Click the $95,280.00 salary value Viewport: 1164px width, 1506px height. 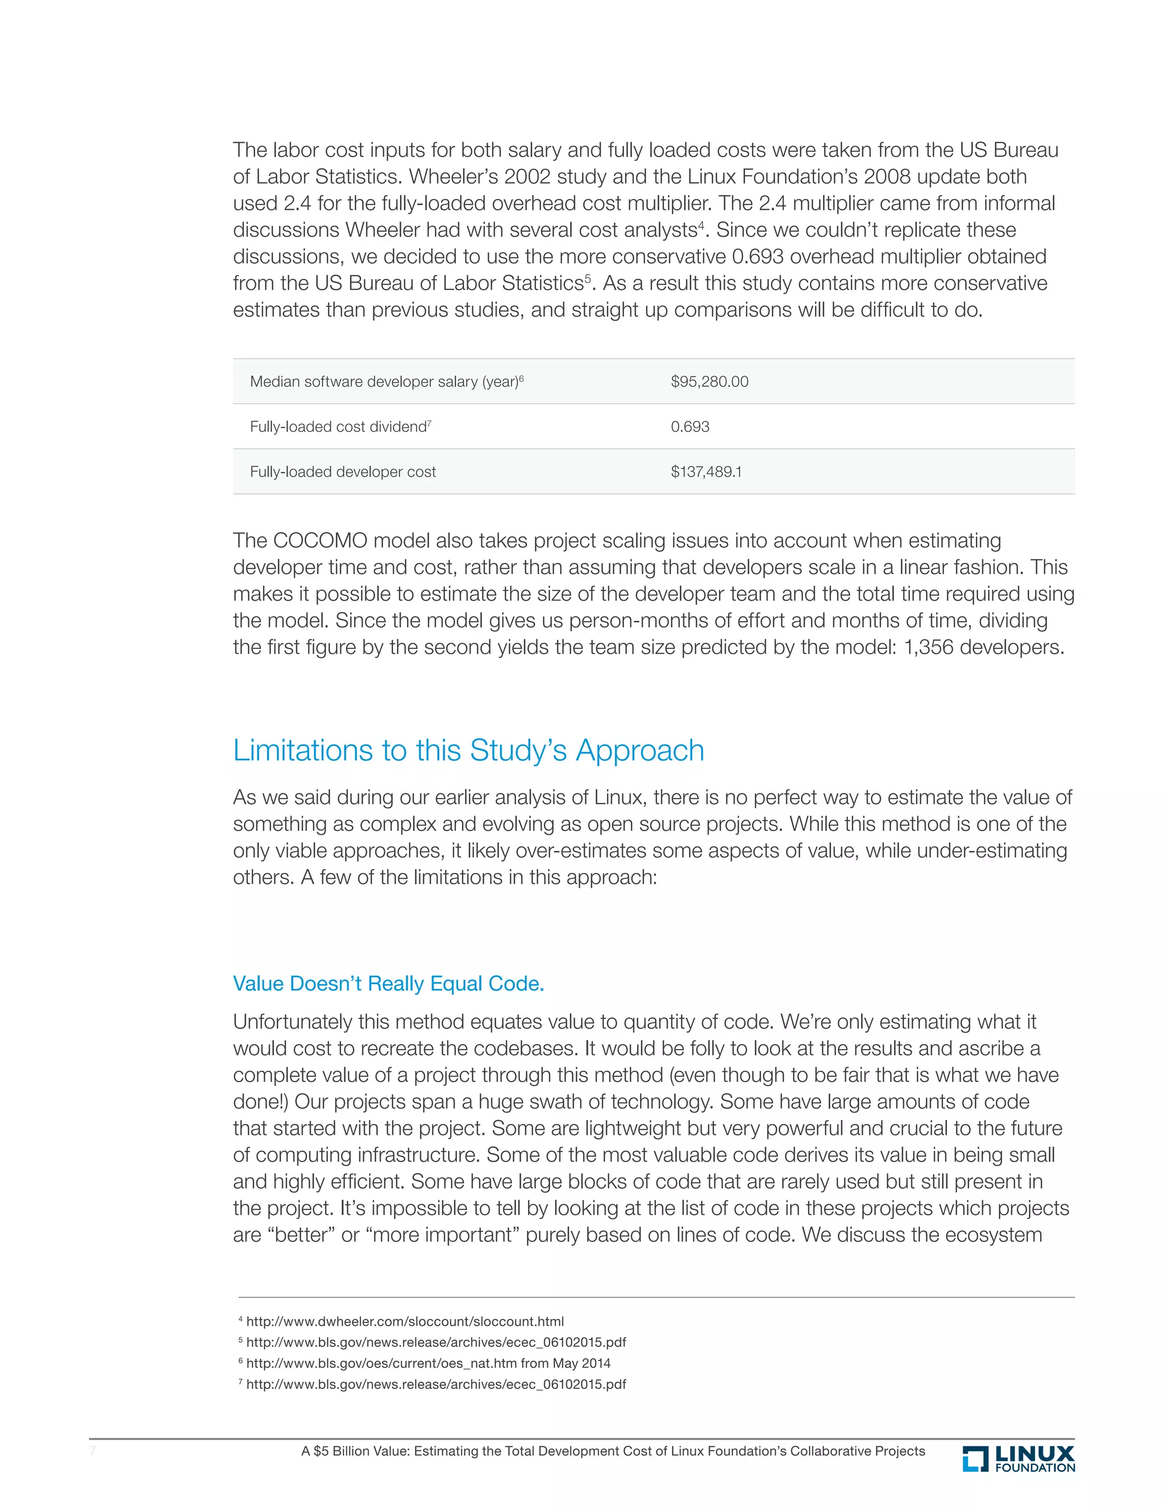709,381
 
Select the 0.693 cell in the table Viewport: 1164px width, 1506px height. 689,426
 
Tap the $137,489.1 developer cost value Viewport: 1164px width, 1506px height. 705,472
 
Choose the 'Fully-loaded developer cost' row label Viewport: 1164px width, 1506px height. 343,472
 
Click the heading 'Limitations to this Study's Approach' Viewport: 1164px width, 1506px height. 468,750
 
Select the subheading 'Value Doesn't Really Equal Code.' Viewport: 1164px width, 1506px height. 388,983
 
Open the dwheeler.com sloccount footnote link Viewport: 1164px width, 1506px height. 405,1321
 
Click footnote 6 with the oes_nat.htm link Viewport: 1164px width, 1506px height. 427,1363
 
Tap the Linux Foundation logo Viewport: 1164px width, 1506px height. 1018,1458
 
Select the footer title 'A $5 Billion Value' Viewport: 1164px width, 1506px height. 612,1451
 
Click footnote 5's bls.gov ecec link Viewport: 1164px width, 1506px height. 436,1342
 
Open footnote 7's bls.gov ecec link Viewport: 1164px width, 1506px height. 436,1384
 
